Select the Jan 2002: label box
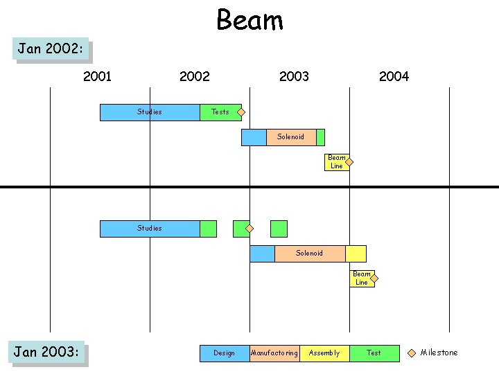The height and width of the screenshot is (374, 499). (53, 49)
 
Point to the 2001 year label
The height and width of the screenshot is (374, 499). (97, 76)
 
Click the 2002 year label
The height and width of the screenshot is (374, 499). (194, 76)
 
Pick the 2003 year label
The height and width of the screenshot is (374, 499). (294, 76)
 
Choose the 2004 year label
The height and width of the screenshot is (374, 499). (394, 76)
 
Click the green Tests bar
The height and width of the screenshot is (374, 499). (220, 112)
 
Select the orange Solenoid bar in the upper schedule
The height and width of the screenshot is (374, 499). (291, 137)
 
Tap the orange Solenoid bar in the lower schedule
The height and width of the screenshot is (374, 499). (309, 253)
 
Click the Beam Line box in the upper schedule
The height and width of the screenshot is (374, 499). (336, 162)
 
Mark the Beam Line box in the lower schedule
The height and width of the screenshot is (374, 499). (362, 278)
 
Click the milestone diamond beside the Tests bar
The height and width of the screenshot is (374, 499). (241, 112)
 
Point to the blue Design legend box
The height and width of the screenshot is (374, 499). (225, 353)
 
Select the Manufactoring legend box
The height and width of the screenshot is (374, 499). (274, 353)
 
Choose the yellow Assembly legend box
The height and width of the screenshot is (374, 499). (324, 353)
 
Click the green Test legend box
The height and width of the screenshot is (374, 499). (374, 353)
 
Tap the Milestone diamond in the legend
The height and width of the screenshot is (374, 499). (412, 353)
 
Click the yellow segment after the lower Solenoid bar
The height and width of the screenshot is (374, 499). (356, 253)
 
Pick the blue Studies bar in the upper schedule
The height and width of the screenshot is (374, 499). (150, 112)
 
